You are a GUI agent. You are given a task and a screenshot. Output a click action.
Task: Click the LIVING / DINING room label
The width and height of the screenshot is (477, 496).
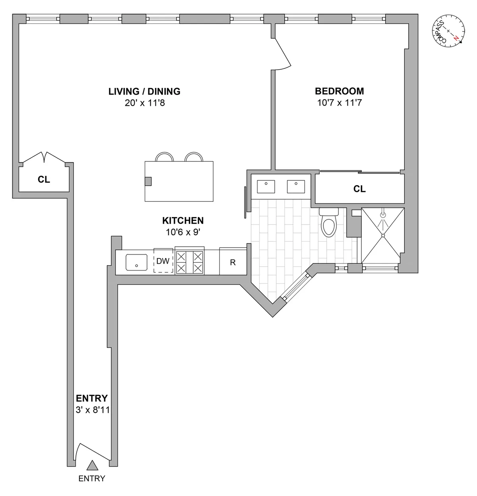pyautogui.click(x=144, y=92)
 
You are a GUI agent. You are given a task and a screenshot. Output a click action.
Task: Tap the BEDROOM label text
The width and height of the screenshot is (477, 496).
pyautogui.click(x=339, y=91)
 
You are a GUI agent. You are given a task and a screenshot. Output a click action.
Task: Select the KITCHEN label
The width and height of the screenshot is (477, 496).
pyautogui.click(x=183, y=221)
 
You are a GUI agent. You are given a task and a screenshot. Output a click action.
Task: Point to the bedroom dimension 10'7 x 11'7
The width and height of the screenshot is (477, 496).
pyautogui.click(x=339, y=103)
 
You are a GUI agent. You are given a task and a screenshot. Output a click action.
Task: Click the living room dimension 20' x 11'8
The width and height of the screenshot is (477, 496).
pyautogui.click(x=144, y=103)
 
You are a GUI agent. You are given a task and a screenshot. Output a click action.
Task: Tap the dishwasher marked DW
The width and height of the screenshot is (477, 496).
pyautogui.click(x=163, y=262)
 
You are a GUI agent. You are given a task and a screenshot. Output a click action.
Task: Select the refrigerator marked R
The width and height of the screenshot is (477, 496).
pyautogui.click(x=233, y=263)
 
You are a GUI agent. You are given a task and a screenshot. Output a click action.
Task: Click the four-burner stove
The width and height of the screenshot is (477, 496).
pyautogui.click(x=190, y=262)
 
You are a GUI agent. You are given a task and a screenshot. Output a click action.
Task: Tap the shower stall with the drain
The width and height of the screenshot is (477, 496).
pyautogui.click(x=382, y=236)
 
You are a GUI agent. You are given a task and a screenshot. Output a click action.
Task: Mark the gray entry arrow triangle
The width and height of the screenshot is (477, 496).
pyautogui.click(x=93, y=465)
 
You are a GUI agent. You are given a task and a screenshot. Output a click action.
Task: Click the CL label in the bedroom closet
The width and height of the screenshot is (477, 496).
pyautogui.click(x=359, y=189)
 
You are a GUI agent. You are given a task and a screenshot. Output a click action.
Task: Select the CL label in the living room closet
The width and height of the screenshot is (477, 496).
pyautogui.click(x=44, y=180)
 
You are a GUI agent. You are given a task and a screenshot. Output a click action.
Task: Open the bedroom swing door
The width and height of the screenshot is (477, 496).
pyautogui.click(x=283, y=52)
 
